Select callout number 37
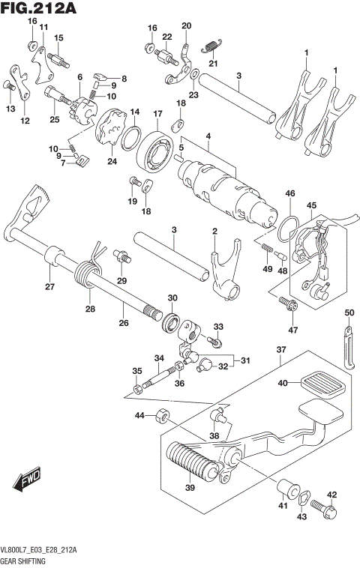(x=281, y=350)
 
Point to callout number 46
(x=289, y=193)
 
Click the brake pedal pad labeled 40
(x=319, y=386)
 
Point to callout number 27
(x=49, y=287)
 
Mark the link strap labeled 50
(x=349, y=345)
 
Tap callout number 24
(x=112, y=161)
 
